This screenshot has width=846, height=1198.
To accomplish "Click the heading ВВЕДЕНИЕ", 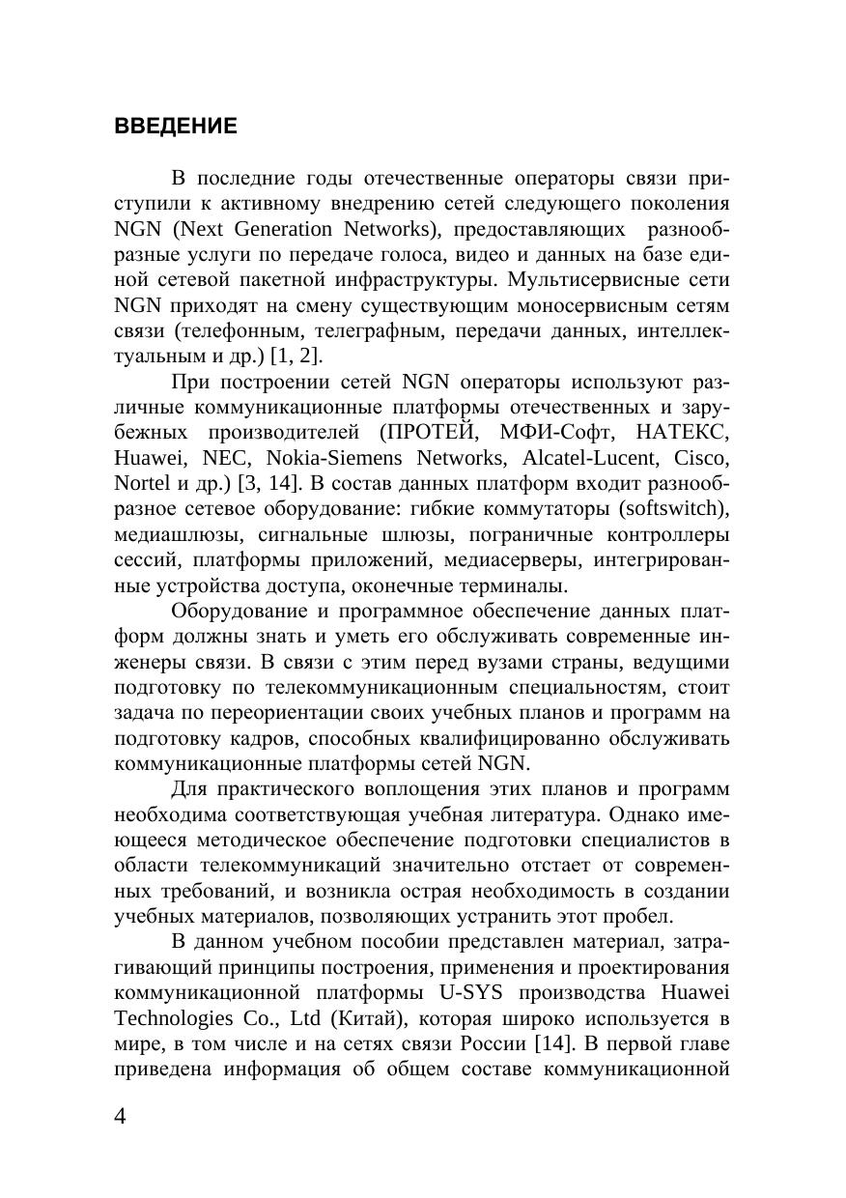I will [x=175, y=127].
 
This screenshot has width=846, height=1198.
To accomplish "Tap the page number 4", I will [x=121, y=1117].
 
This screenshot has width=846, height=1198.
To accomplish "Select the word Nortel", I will [x=141, y=483].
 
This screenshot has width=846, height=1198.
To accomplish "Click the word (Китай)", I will [x=354, y=1018].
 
